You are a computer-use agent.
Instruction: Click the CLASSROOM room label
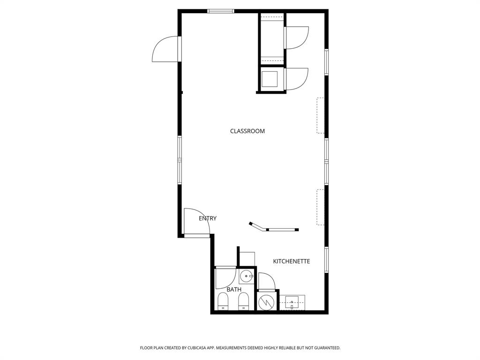247,131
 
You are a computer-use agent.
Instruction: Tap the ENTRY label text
208,218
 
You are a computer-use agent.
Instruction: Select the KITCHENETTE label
291,261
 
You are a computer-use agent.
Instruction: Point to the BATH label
234,290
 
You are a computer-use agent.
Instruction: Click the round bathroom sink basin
246,277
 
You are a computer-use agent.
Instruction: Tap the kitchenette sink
292,302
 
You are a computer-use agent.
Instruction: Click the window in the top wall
220,11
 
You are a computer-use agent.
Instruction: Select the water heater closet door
267,282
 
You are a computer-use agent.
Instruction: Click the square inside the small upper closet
270,79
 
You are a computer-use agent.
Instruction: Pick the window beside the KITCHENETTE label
326,259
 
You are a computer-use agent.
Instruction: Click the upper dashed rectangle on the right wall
321,115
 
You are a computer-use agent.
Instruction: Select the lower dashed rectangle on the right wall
321,207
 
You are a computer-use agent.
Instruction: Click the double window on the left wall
179,160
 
